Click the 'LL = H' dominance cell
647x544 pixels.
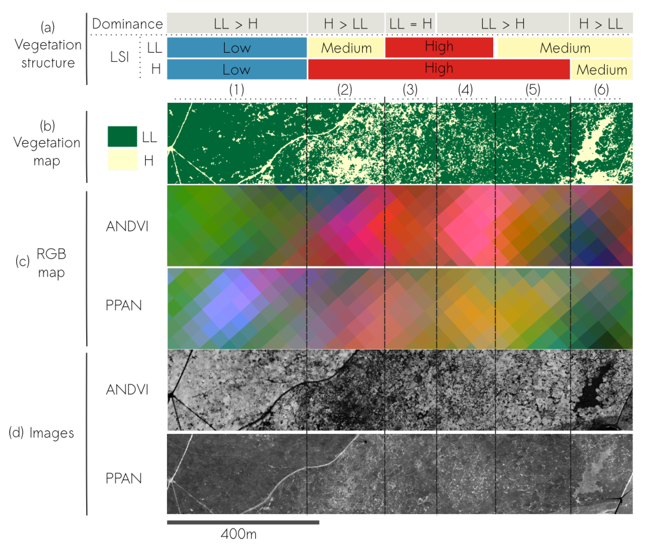click(x=410, y=23)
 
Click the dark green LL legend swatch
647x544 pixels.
click(x=122, y=136)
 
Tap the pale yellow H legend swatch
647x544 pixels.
click(x=122, y=160)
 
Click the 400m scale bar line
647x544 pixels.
click(x=243, y=522)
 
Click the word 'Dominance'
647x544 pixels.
click(x=127, y=24)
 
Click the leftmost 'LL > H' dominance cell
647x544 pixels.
click(x=237, y=23)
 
